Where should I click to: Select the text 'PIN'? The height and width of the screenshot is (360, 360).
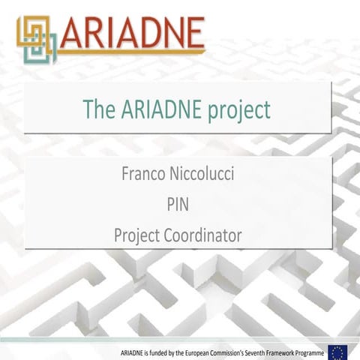(x=178, y=204)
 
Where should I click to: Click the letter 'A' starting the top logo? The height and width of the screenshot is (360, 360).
(x=73, y=33)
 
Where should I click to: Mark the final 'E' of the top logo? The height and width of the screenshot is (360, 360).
(x=193, y=33)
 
